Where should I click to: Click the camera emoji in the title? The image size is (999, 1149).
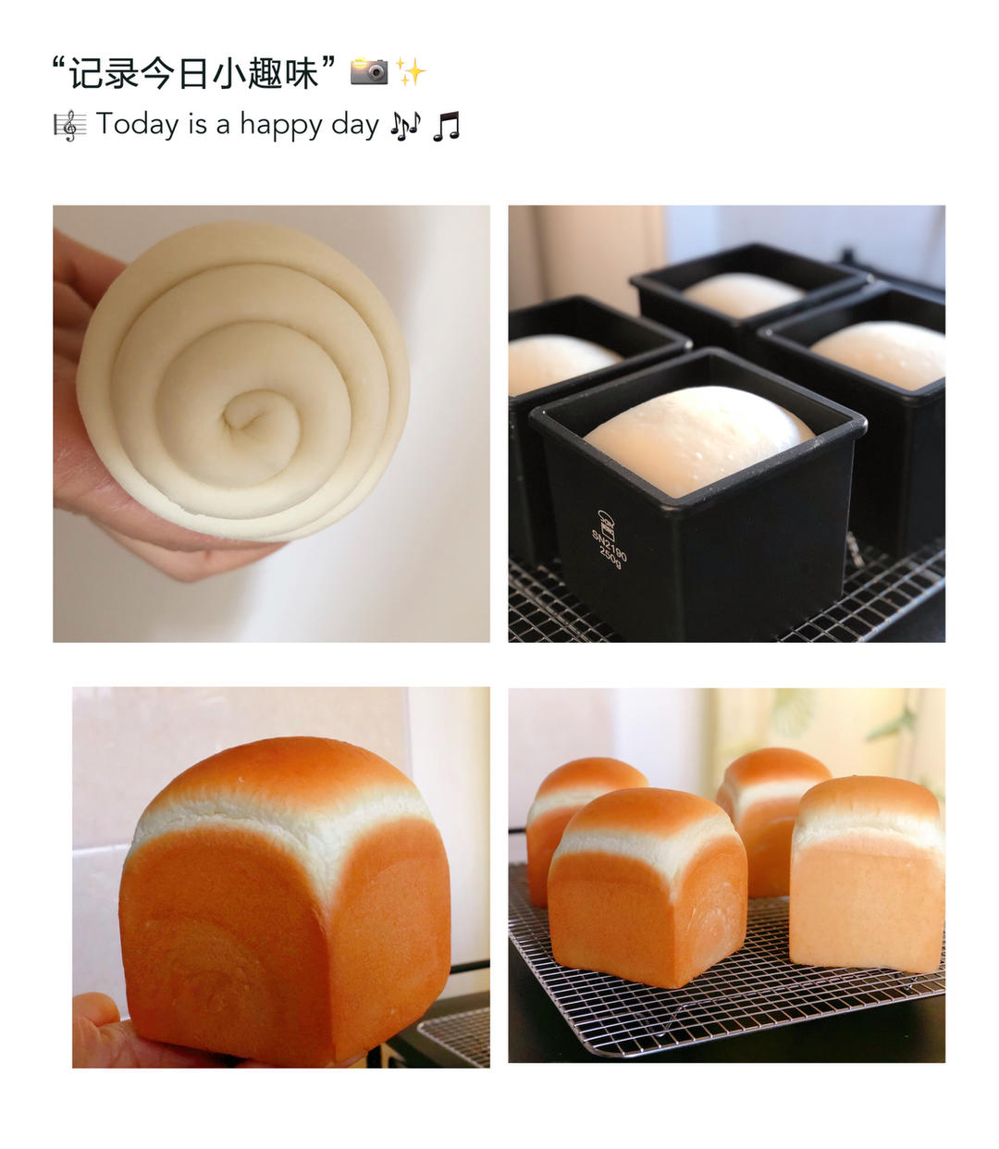pos(369,71)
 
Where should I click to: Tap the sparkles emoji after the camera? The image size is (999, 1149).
pos(410,72)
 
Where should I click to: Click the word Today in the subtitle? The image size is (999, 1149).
pos(137,124)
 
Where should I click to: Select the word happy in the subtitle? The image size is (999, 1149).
pos(281,125)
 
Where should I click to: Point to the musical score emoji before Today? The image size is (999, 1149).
pos(70,125)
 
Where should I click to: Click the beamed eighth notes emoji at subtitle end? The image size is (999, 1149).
pos(446,126)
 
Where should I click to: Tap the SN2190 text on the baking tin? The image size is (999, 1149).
pos(609,542)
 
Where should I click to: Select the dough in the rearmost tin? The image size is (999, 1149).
pos(743,294)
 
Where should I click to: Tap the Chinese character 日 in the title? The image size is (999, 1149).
pos(193,73)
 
